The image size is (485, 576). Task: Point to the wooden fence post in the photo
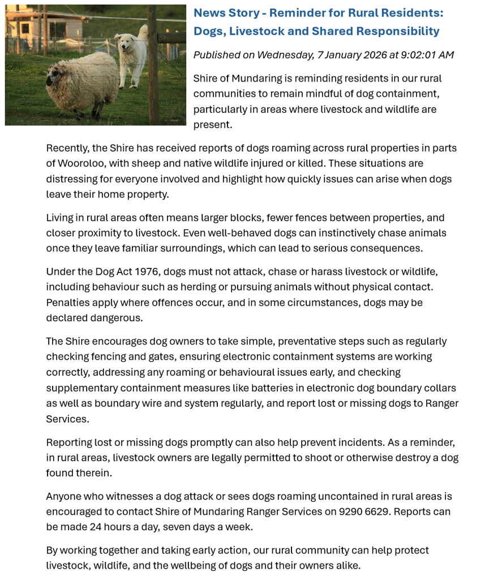click(153, 65)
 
